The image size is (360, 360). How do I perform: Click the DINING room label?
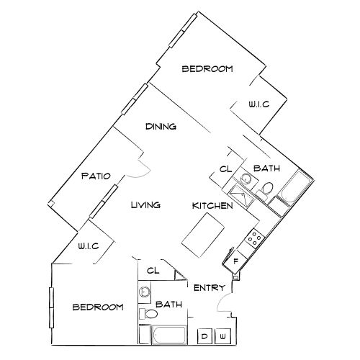[161, 127]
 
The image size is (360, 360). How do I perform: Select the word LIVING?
[145, 205]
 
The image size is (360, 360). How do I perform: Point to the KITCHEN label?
[212, 206]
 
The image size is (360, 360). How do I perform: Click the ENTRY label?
[211, 288]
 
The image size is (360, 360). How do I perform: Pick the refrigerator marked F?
[235, 261]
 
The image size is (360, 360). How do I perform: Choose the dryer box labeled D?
[204, 336]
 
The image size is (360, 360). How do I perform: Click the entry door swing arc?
[224, 303]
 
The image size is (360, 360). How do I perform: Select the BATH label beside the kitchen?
[266, 168]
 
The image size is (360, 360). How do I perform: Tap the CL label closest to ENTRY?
[153, 271]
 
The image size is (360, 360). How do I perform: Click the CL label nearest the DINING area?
[225, 170]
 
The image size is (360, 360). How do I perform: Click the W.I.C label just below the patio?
[87, 246]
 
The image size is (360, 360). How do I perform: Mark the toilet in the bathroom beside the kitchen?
[266, 189]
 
